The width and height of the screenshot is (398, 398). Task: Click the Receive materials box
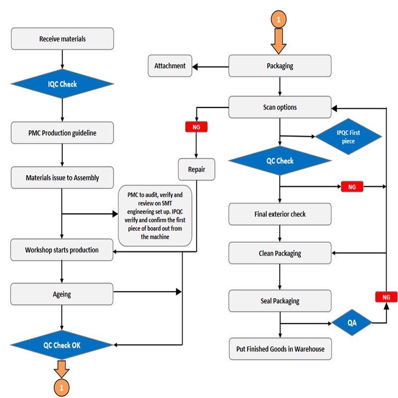[62, 39]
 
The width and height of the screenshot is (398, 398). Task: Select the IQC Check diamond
[62, 84]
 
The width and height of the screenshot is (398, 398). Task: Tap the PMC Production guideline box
[62, 133]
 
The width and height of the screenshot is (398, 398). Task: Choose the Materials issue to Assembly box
[62, 178]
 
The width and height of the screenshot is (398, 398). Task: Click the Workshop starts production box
[62, 250]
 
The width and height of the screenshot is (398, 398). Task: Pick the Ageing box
[62, 294]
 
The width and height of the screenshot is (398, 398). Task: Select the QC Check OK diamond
[62, 345]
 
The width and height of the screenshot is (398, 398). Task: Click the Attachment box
[170, 66]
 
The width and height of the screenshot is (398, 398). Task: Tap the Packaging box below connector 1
[280, 66]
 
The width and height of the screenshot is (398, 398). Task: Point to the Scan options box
[280, 107]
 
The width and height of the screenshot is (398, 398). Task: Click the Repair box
[197, 170]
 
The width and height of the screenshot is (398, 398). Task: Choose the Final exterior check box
[280, 214]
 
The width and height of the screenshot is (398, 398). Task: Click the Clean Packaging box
[280, 253]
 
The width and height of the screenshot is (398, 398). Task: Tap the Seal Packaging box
[280, 301]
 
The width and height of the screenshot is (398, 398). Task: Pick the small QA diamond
[352, 323]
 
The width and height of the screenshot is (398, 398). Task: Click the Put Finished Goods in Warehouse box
[280, 349]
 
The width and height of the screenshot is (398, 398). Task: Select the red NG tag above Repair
[196, 127]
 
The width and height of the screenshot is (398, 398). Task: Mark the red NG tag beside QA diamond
[386, 297]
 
